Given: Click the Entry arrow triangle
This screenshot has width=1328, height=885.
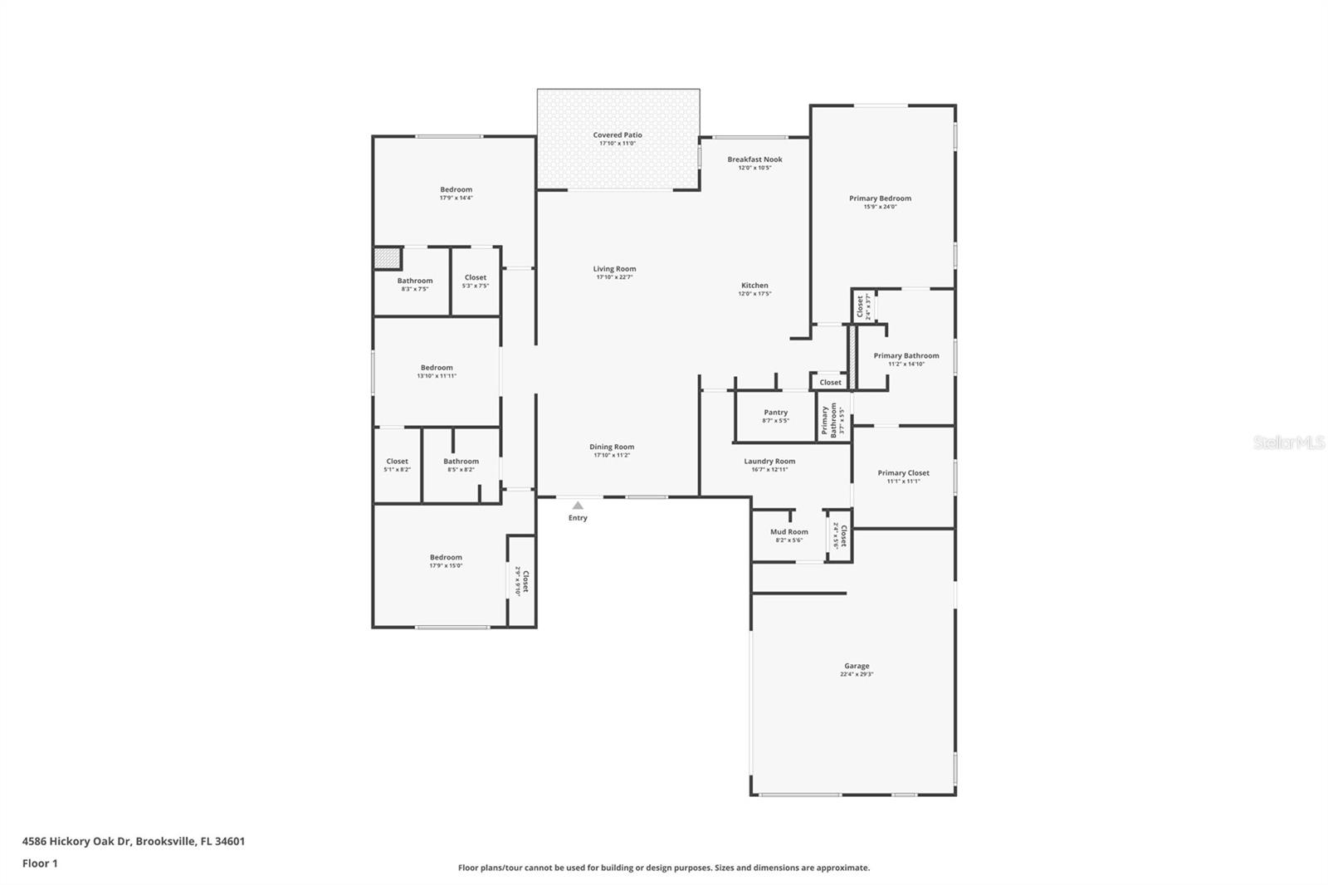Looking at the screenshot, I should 578,505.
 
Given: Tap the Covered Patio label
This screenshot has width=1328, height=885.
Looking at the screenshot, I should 618,134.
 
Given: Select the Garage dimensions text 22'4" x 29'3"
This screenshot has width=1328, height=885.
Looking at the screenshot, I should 857,674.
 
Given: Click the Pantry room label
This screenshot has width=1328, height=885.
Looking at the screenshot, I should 776,413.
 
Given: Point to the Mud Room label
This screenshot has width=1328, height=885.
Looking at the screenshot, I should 788,532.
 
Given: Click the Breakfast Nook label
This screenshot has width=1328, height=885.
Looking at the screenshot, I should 754,159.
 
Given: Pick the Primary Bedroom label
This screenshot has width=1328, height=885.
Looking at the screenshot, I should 880,198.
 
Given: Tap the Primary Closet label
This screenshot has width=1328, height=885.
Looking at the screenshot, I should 903,473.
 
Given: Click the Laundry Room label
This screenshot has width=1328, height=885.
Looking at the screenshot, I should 769,462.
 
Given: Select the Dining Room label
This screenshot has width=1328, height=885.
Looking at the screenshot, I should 612,447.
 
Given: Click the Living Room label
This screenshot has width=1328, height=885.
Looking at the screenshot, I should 614,269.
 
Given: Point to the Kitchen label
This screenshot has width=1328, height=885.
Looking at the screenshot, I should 754,286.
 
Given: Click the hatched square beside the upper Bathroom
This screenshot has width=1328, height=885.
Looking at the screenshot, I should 386,257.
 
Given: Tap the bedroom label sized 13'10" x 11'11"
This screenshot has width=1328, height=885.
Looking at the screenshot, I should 437,368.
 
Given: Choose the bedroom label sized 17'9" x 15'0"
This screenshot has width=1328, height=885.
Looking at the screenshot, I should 446,558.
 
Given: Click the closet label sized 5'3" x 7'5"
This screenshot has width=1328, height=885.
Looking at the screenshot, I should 476,278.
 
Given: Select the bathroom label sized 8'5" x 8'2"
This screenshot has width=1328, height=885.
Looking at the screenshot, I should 461,462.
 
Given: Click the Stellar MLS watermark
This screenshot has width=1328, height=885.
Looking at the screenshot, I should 1288,442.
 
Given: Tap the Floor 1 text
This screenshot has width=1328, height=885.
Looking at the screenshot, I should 40,863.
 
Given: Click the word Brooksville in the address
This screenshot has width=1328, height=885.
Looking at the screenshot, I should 165,841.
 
